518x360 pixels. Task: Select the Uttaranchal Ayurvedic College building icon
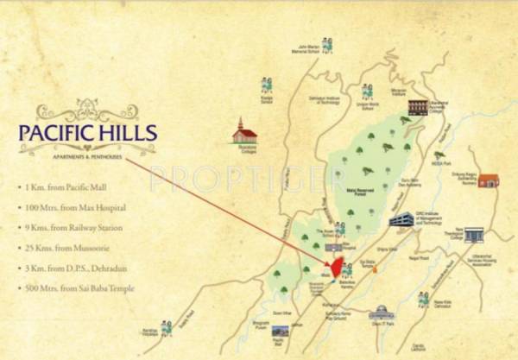point(419,106)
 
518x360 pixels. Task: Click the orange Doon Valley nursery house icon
point(489,180)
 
